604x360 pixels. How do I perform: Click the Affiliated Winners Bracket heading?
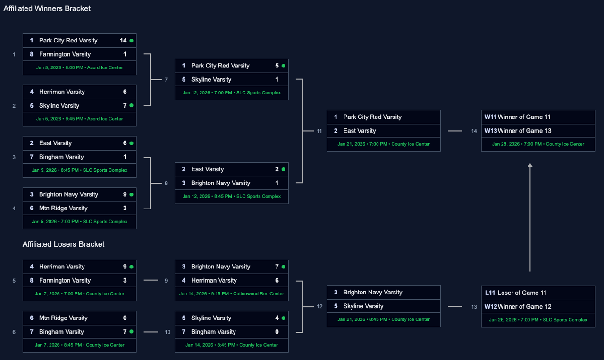pyautogui.click(x=47, y=8)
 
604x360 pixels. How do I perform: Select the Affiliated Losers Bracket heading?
pyautogui.click(x=63, y=244)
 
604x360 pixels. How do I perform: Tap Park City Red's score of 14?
pyautogui.click(x=123, y=41)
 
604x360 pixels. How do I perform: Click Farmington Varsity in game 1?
pyautogui.click(x=65, y=54)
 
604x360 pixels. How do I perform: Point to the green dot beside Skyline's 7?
pyautogui.click(x=131, y=105)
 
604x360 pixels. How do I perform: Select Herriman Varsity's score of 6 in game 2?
pyautogui.click(x=125, y=92)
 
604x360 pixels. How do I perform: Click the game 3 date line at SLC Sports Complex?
pyautogui.click(x=79, y=170)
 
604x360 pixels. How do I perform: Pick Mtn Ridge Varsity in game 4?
pyautogui.click(x=63, y=208)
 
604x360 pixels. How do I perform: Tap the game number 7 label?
pyautogui.click(x=166, y=80)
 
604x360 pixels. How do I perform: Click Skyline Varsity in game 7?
pyautogui.click(x=211, y=79)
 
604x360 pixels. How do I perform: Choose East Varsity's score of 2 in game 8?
pyautogui.click(x=277, y=169)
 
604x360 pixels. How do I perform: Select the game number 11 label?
pyautogui.click(x=319, y=131)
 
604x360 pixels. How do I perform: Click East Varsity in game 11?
pyautogui.click(x=360, y=131)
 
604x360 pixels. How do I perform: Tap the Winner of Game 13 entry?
pyautogui.click(x=524, y=131)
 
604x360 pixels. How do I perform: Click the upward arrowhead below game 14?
pyautogui.click(x=530, y=166)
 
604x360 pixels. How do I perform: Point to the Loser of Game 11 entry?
pyautogui.click(x=522, y=293)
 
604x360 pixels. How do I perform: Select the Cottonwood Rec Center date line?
pyautogui.click(x=231, y=294)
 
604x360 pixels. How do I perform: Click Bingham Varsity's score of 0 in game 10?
pyautogui.click(x=277, y=332)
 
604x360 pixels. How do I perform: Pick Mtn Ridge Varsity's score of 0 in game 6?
pyautogui.click(x=125, y=318)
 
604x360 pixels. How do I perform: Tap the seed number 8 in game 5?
pyautogui.click(x=32, y=280)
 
